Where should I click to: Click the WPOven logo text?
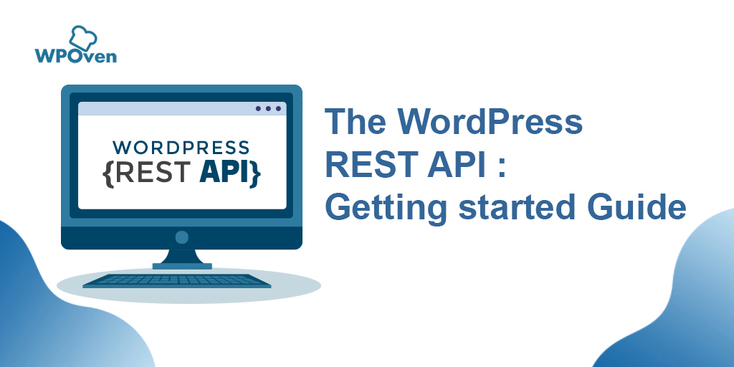[x=75, y=55]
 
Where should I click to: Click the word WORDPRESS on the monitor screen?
[x=181, y=148]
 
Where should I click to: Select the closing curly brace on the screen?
[x=255, y=173]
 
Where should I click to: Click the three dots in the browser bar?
[x=268, y=109]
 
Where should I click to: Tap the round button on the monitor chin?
[x=181, y=237]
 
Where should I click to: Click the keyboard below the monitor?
[x=177, y=280]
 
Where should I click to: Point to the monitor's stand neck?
[x=181, y=257]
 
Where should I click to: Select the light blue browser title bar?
[x=165, y=109]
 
